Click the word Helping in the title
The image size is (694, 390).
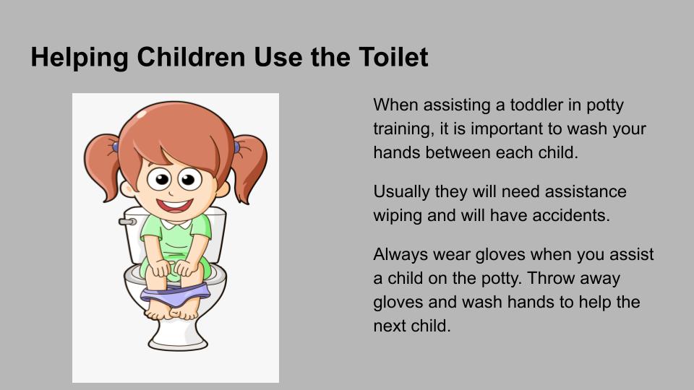80,58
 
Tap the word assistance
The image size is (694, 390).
585,191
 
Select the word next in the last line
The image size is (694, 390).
389,326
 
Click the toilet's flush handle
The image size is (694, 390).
127,221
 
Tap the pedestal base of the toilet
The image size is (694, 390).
178,334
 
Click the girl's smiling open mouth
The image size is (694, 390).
175,206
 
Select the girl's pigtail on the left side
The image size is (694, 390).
102,166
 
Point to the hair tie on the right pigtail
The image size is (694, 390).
237,147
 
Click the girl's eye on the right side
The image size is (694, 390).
190,179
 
